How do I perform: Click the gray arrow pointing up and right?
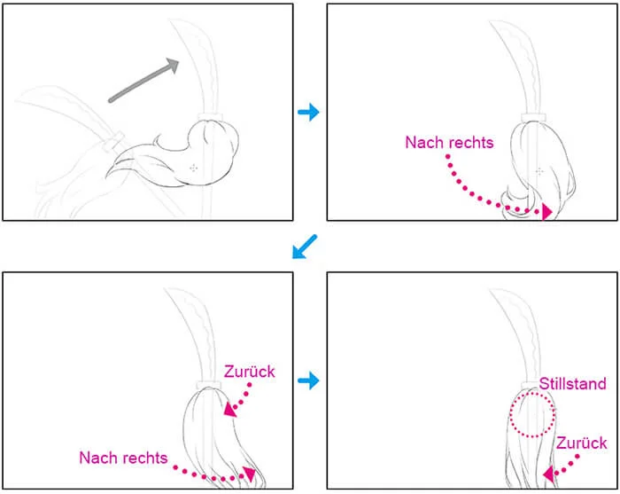tap(143, 81)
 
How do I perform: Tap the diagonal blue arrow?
tap(305, 247)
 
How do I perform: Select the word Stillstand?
tap(572, 383)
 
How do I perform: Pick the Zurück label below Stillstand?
tap(581, 443)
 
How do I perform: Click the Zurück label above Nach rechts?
tap(250, 372)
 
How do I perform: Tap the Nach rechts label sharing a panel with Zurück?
tap(123, 458)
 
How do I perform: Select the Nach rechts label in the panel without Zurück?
tap(450, 142)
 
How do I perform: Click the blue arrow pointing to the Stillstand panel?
tap(308, 380)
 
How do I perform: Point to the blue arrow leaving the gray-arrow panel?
tap(308, 112)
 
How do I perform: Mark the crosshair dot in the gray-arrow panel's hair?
tap(193, 169)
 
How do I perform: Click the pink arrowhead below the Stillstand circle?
tap(548, 474)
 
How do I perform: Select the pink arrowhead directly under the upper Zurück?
tap(229, 410)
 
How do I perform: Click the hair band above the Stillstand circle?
tap(531, 385)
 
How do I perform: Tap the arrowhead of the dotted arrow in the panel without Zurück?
tap(546, 212)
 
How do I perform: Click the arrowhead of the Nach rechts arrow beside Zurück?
tap(250, 474)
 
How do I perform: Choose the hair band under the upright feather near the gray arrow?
tap(210, 116)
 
